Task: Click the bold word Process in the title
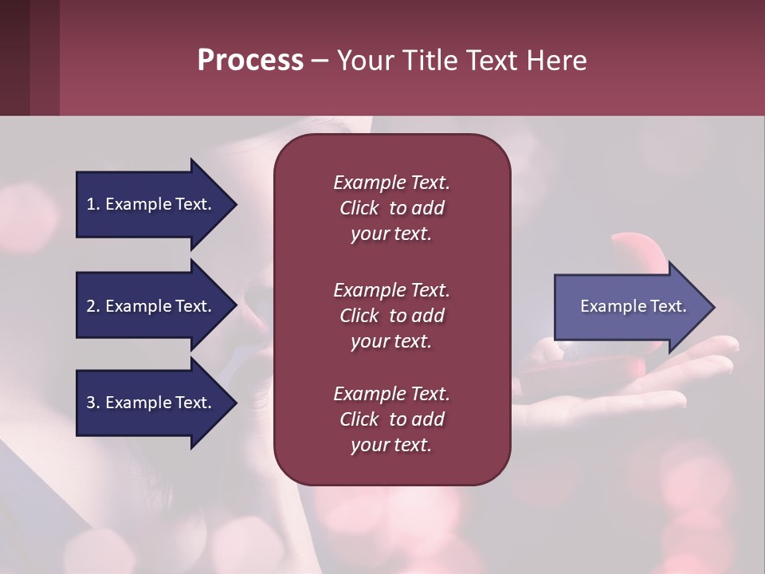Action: tap(250, 60)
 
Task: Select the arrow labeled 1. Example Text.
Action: tap(151, 204)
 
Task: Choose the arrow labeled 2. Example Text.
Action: tap(151, 306)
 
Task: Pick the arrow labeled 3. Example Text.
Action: tap(151, 403)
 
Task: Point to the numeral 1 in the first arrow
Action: tap(91, 204)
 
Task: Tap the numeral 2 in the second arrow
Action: tap(91, 306)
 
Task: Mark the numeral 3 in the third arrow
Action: tap(91, 403)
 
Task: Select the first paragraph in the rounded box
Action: tap(391, 208)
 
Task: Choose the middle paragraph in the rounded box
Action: tap(391, 316)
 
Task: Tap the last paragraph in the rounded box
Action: tap(391, 419)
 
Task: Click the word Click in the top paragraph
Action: tap(359, 208)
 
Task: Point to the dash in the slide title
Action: tap(320, 61)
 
